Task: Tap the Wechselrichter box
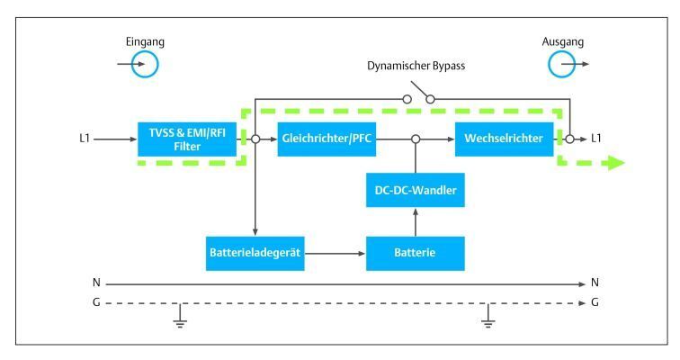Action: coord(504,139)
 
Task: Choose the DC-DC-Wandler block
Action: coord(415,192)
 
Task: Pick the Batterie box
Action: coord(415,254)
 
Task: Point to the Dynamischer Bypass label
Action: coord(415,67)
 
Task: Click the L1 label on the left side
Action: coord(85,139)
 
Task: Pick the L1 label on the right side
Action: coord(596,139)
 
